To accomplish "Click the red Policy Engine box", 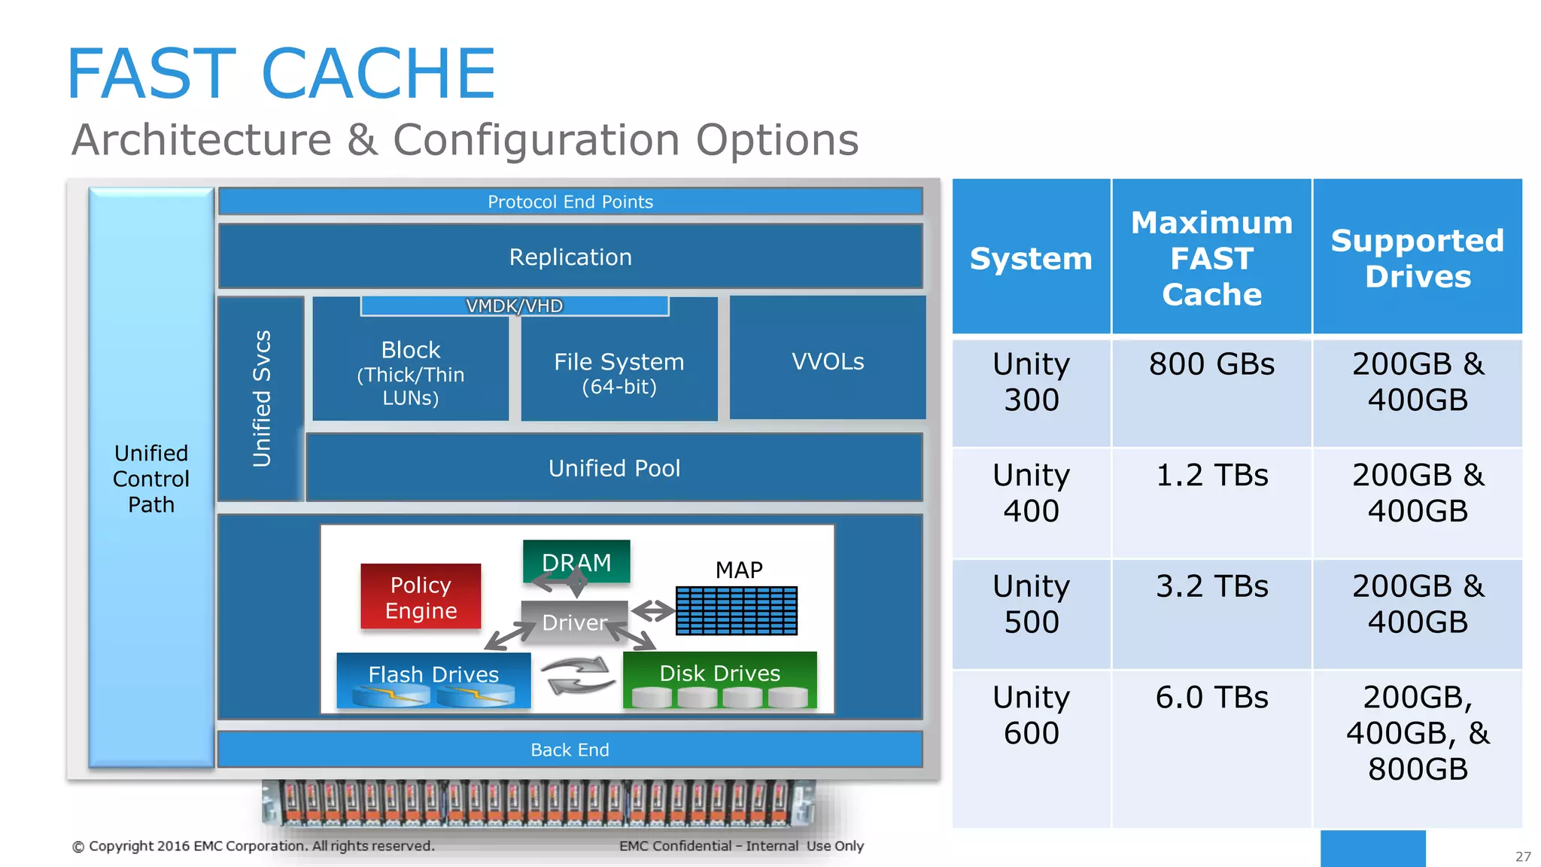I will coord(421,597).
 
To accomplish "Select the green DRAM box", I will coord(576,561).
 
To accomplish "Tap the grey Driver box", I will coord(574,622).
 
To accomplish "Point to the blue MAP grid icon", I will coord(736,610).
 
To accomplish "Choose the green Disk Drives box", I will coord(719,680).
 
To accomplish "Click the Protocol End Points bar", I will coord(570,202).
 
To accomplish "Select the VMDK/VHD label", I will coord(514,306).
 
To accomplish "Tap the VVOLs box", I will coord(827,360).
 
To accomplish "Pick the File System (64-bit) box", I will coord(619,373).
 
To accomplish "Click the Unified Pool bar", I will coord(614,468).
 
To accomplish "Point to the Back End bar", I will coord(570,750).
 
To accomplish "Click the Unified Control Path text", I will coord(151,479).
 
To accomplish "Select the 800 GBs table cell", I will coord(1211,364).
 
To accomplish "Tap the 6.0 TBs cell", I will coord(1211,698).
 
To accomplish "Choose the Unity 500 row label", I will coord(1031,604).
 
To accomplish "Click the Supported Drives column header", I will coord(1417,258).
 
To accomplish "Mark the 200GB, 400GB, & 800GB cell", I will coord(1417,733).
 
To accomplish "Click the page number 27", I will coord(1523,856).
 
